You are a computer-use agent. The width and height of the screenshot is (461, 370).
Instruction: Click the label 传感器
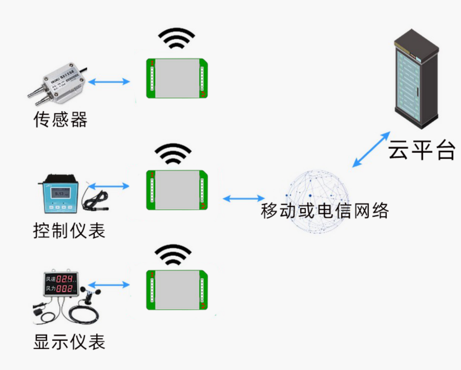pyautogui.click(x=60, y=119)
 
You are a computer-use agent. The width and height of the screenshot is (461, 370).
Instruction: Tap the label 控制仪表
pyautogui.click(x=69, y=230)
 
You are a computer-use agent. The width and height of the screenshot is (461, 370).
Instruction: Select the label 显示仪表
pyautogui.click(x=69, y=341)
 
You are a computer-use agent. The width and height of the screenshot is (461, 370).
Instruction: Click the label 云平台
pyautogui.click(x=421, y=150)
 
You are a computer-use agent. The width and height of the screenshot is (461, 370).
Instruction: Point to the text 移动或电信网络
pyautogui.click(x=325, y=211)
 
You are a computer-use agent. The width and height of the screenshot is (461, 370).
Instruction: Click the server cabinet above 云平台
pyautogui.click(x=416, y=80)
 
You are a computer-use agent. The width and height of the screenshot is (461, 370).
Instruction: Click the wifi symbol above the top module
pyautogui.click(x=176, y=38)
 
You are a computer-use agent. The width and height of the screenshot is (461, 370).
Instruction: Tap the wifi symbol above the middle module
pyautogui.click(x=173, y=153)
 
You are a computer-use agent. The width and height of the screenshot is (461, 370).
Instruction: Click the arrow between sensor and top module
pyautogui.click(x=109, y=81)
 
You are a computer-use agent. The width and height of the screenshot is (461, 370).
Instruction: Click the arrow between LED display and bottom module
pyautogui.click(x=109, y=284)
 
